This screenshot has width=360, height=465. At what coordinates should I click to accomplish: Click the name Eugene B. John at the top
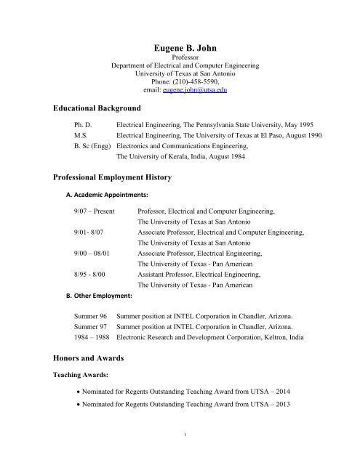(x=180, y=47)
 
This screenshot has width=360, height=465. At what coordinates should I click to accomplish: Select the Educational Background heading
(x=99, y=108)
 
